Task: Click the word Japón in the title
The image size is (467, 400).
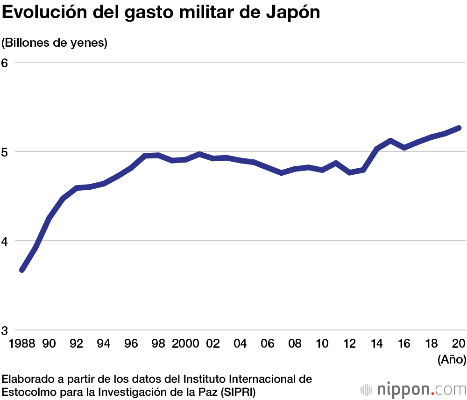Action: [294, 13]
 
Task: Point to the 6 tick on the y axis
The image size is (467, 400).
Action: [6, 63]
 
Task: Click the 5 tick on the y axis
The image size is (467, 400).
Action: [6, 151]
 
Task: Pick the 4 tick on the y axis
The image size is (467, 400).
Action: [6, 241]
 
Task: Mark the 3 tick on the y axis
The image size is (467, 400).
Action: [6, 330]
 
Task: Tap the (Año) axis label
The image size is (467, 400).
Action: [452, 359]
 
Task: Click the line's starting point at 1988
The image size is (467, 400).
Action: [21, 270]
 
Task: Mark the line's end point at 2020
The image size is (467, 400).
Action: [459, 128]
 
